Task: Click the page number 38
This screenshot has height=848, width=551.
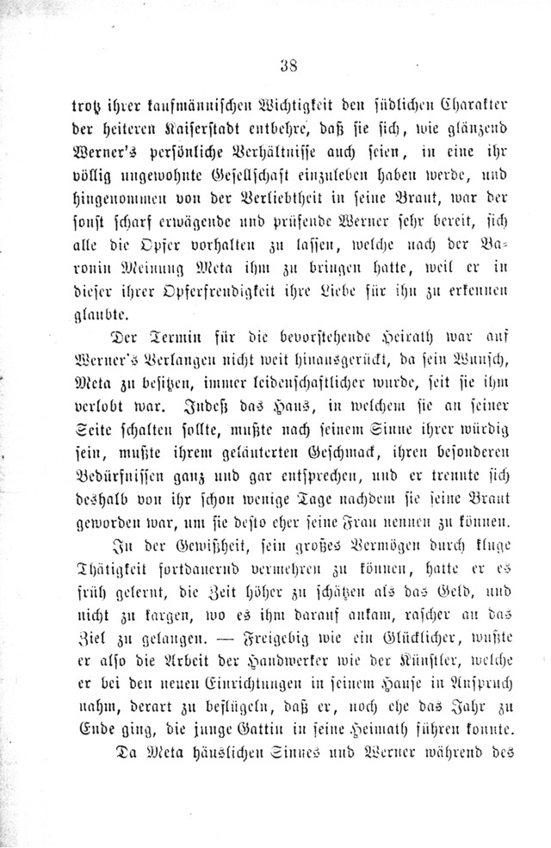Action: (x=289, y=65)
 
